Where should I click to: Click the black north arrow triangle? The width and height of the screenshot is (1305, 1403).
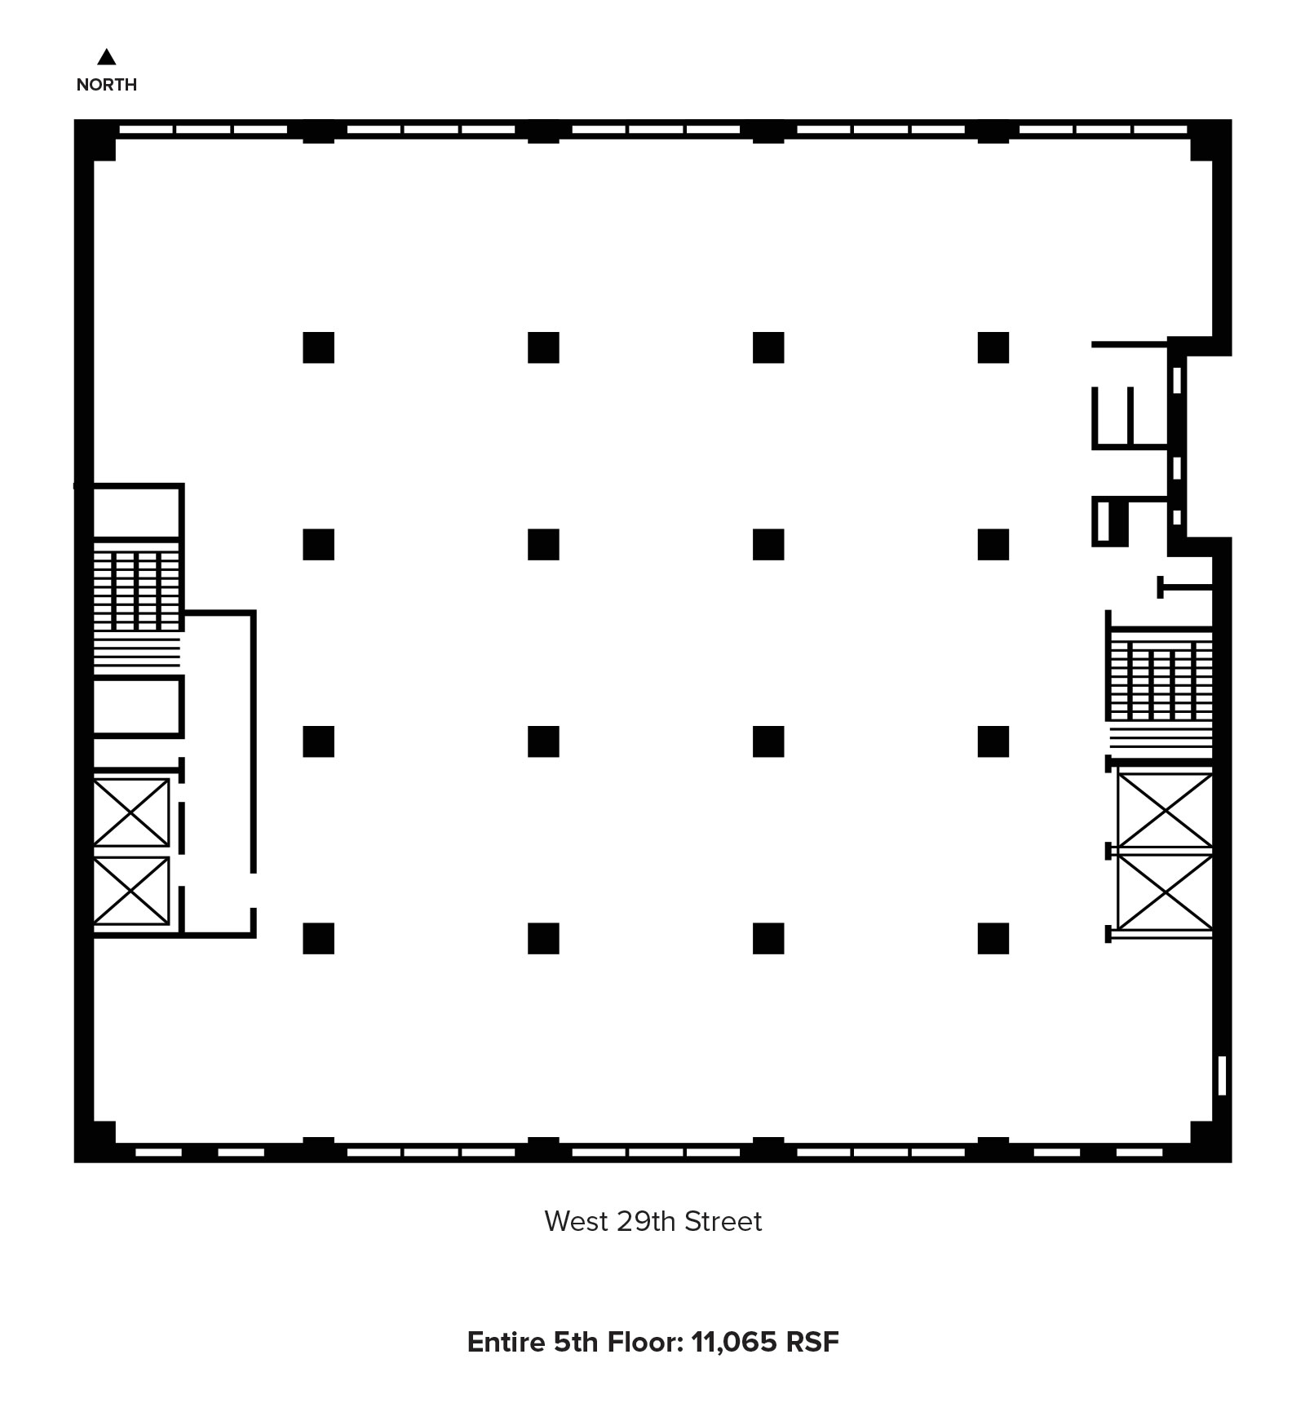[x=106, y=57]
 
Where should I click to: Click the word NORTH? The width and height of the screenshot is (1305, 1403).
[x=106, y=85]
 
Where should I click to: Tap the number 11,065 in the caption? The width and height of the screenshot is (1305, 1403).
[x=734, y=1343]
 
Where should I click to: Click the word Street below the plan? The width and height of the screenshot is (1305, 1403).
[x=723, y=1221]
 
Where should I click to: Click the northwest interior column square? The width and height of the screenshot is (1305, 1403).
[x=318, y=347]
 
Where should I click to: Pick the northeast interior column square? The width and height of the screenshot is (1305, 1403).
[x=993, y=347]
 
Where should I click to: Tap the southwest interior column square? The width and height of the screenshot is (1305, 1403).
[x=318, y=938]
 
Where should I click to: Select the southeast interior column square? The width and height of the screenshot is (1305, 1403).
[x=993, y=938]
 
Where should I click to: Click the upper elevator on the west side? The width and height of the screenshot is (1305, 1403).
[x=131, y=812]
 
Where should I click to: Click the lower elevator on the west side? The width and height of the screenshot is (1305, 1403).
[x=131, y=891]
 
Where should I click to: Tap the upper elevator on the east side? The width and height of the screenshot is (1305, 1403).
[x=1165, y=811]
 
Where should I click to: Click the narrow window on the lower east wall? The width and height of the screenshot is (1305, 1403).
[x=1222, y=1075]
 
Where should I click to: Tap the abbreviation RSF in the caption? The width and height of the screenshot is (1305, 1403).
[x=812, y=1342]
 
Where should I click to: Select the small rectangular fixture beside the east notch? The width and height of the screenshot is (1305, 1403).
[x=1104, y=521]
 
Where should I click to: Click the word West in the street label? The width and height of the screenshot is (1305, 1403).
[x=577, y=1221]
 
